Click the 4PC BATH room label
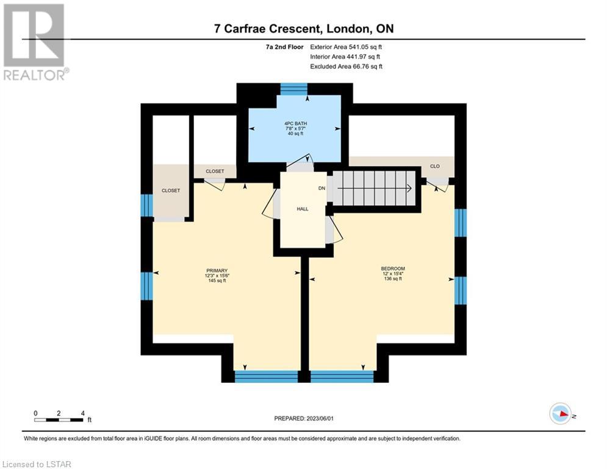295,123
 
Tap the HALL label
303,209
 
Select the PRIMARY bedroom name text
217,271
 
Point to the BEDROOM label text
393,269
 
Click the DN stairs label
321,188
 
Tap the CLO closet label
435,166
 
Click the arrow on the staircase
375,189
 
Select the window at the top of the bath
294,89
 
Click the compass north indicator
561,413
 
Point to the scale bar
59,420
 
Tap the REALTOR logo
34,42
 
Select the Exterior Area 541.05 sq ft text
346,47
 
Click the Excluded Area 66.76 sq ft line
346,67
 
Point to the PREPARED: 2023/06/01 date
304,418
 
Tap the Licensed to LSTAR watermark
37,464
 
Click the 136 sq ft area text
393,278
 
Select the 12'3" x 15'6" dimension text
217,275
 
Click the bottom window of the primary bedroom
267,377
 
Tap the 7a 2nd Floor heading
284,47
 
